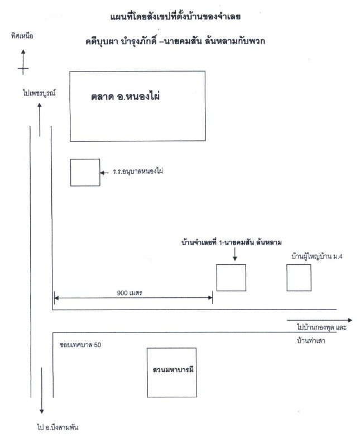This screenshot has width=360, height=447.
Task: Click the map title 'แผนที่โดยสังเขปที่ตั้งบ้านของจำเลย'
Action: tap(175, 17)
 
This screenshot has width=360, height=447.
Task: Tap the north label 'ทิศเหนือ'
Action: tap(22, 36)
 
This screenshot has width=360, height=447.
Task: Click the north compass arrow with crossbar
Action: tap(23, 62)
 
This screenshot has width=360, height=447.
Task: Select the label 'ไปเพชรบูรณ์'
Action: tap(39, 93)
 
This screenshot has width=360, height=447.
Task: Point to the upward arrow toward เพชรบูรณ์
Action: tap(40, 120)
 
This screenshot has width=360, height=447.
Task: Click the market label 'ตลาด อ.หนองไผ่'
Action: tap(126, 96)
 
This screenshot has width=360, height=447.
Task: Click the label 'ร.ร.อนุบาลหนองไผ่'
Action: tap(138, 172)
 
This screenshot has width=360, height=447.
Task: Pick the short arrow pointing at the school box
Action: tap(104, 173)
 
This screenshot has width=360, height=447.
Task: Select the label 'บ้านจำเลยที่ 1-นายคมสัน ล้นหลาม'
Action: tap(232, 242)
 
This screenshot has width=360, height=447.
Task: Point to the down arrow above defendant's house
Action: tap(235, 254)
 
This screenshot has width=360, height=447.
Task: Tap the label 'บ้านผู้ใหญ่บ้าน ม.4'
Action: tap(317, 256)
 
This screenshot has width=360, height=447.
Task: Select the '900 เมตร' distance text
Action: tap(129, 293)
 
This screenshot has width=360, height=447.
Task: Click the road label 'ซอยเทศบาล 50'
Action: tap(80, 345)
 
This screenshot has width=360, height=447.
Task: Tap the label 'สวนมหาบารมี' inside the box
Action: tap(173, 370)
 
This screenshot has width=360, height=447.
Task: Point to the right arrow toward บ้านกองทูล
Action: tap(320, 320)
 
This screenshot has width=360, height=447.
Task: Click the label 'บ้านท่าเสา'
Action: tap(311, 341)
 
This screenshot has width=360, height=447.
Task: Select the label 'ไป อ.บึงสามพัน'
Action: tap(57, 427)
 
